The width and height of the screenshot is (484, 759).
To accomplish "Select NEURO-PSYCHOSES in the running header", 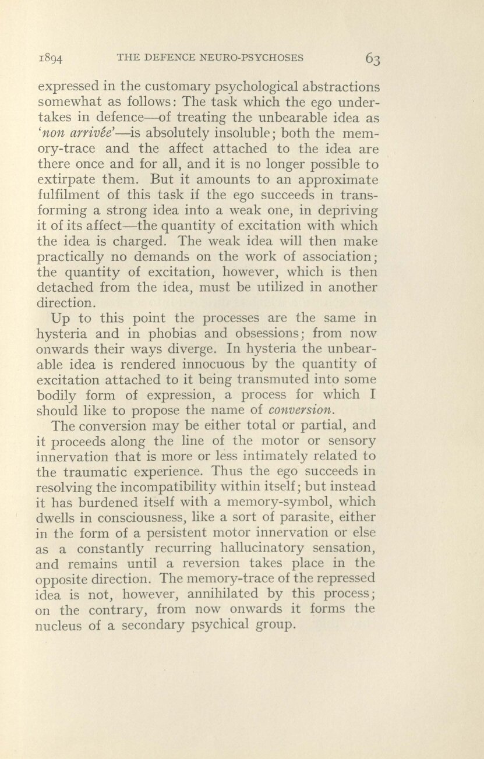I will pos(257,57).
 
